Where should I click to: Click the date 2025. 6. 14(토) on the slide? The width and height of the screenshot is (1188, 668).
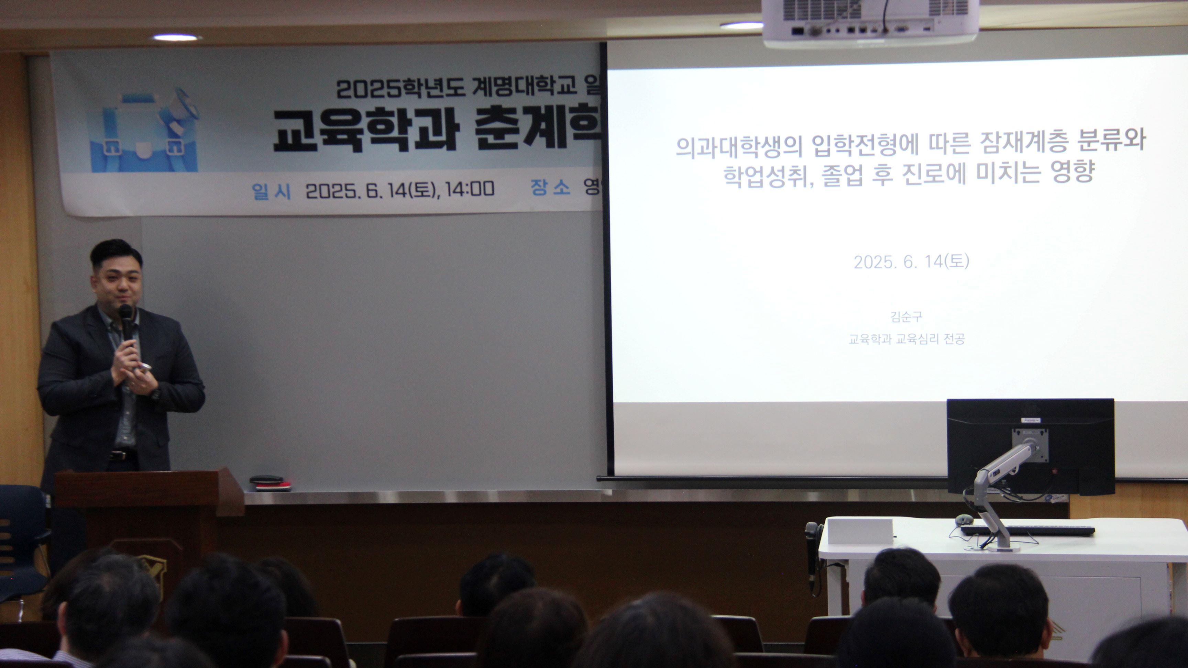[x=911, y=262]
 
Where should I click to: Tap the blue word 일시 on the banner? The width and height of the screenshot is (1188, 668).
[x=272, y=190]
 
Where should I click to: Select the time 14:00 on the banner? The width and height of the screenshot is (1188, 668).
[x=470, y=189]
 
